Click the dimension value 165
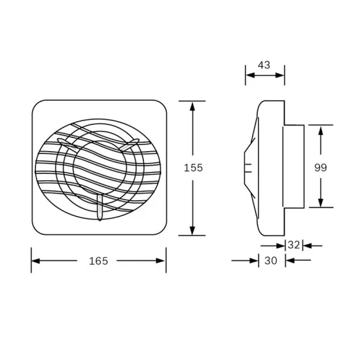[98, 261]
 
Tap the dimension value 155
[192, 168]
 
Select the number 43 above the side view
[264, 65]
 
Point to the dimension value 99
[320, 168]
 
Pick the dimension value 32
[293, 245]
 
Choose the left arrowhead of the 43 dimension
[249, 75]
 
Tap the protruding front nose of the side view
[248, 166]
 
